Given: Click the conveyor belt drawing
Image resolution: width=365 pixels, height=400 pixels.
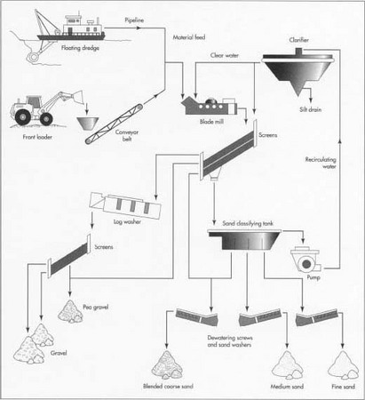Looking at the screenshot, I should [x=119, y=121].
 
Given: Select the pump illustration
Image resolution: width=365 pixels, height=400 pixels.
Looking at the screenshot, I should [x=309, y=258].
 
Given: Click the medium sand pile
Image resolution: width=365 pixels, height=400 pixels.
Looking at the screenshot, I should [x=286, y=364].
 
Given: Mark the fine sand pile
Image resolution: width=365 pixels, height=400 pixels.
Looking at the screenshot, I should [x=342, y=364].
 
